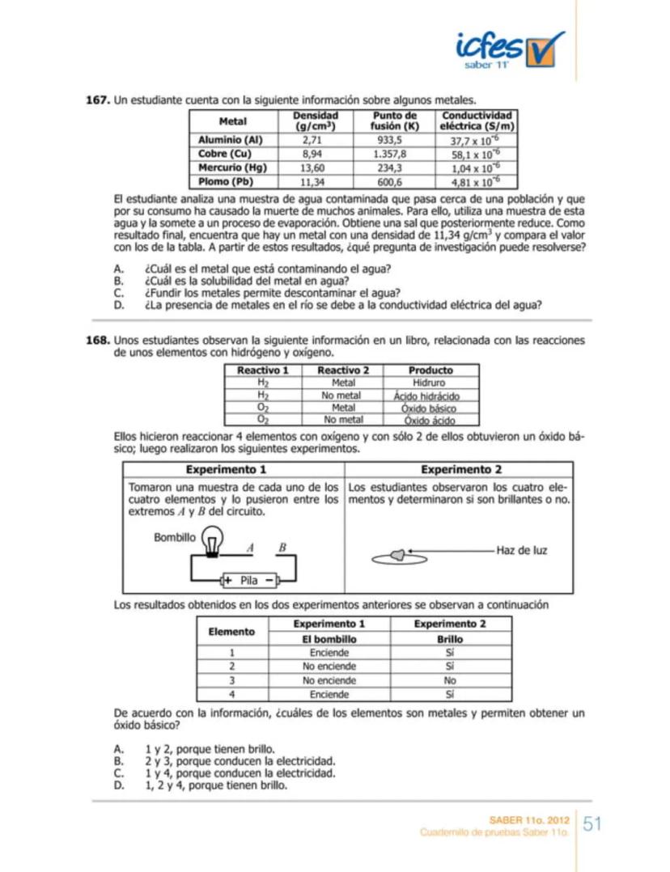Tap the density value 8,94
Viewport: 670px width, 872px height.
click(x=312, y=153)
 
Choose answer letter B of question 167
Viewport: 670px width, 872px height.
click(x=118, y=281)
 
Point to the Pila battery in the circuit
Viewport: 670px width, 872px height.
click(x=249, y=580)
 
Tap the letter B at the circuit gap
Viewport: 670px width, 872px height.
click(x=282, y=547)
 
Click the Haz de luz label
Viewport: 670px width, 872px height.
click(x=521, y=550)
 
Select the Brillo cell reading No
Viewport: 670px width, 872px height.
click(x=449, y=681)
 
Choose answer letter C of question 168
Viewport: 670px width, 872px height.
click(x=118, y=773)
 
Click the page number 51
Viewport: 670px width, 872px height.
click(x=592, y=824)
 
